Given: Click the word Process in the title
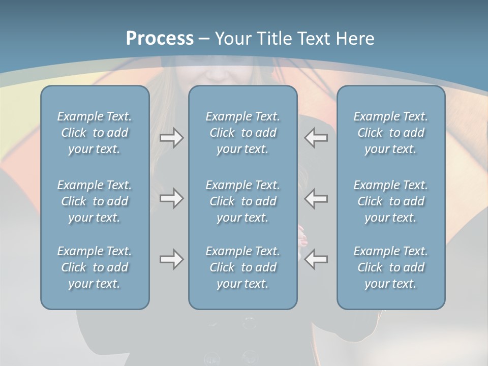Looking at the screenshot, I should (x=160, y=39).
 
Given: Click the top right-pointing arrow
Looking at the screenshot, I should (x=171, y=138).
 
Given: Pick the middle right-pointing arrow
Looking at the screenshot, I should (x=171, y=198).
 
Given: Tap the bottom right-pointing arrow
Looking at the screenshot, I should (x=171, y=259).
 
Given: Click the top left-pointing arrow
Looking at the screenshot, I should (x=316, y=138).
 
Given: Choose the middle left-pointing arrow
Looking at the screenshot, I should (x=316, y=198).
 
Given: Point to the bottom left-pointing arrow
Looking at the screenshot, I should (x=316, y=259).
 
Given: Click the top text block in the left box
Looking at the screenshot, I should (x=95, y=133).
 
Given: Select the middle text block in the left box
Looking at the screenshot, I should (x=95, y=201).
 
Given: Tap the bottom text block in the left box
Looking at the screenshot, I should (x=95, y=267).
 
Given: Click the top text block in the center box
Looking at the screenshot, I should (x=242, y=133).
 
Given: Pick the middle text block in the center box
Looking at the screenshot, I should (x=242, y=201).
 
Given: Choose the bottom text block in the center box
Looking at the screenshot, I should (x=242, y=267).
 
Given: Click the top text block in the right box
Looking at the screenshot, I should (x=390, y=133).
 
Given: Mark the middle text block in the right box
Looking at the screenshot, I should (x=390, y=201).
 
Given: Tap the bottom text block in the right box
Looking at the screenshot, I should (x=390, y=267).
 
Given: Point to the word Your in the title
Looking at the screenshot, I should (x=233, y=39).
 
